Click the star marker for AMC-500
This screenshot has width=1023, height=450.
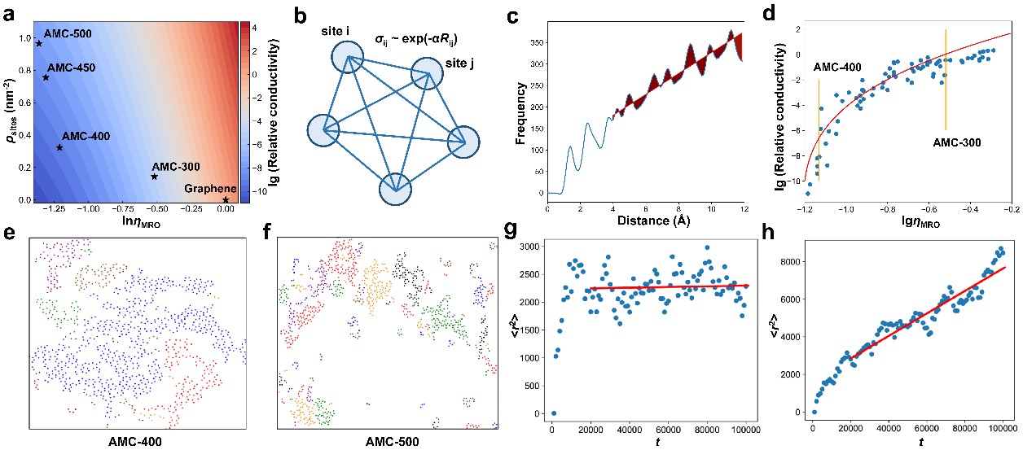38,43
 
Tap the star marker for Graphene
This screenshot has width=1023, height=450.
226,199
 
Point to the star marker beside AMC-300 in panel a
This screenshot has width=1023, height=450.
154,177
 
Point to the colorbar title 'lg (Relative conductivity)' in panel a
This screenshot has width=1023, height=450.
265,111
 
